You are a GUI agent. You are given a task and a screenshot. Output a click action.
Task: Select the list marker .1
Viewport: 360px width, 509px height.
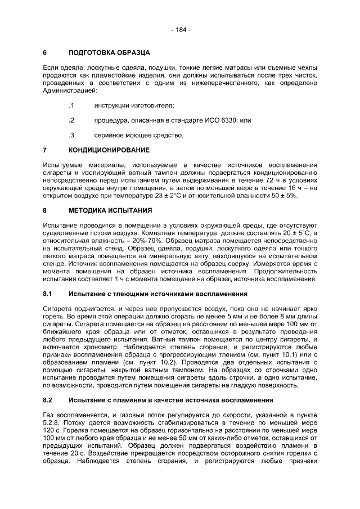(x=71, y=106)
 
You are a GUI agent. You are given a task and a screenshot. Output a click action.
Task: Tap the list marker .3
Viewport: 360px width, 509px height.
(x=71, y=135)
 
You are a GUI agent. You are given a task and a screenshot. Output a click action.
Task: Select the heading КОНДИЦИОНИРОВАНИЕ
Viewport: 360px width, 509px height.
(x=109, y=150)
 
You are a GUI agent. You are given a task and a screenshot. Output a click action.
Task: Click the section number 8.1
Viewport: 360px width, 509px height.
(x=48, y=294)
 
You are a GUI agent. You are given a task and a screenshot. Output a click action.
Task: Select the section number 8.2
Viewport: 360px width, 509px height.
(x=48, y=400)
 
